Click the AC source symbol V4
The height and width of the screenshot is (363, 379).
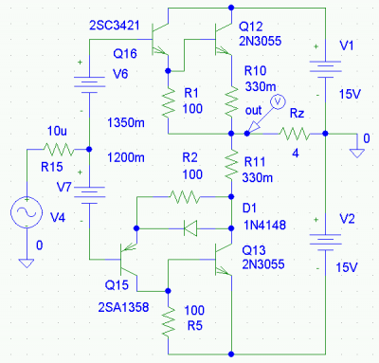pyautogui.click(x=27, y=212)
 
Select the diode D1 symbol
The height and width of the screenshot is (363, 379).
pyautogui.click(x=190, y=228)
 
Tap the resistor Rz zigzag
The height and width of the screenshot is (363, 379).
pyautogui.click(x=295, y=134)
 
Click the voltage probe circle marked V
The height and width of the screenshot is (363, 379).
pyautogui.click(x=279, y=101)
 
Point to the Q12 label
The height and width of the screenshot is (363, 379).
pyautogui.click(x=251, y=27)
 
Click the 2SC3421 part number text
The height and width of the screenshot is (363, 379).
pyautogui.click(x=115, y=26)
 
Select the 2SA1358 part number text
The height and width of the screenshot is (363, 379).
pyautogui.click(x=123, y=307)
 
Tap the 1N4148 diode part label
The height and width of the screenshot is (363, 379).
pyautogui.click(x=264, y=225)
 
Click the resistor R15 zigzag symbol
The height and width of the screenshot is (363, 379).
pyautogui.click(x=58, y=149)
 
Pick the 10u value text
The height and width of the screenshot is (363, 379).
pyautogui.click(x=57, y=131)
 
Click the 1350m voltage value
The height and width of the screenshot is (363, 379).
pyautogui.click(x=126, y=122)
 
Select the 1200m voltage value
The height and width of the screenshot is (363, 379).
pyautogui.click(x=126, y=157)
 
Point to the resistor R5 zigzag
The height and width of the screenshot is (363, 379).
pyautogui.click(x=169, y=322)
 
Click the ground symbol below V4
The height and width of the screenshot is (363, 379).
pyautogui.click(x=27, y=263)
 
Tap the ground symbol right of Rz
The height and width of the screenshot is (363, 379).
pyautogui.click(x=357, y=154)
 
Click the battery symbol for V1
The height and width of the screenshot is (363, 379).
pyautogui.click(x=326, y=69)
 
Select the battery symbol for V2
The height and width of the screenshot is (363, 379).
pyautogui.click(x=326, y=243)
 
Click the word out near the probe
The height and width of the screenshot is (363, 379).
pyautogui.click(x=253, y=111)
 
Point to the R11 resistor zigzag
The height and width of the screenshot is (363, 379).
pyautogui.click(x=231, y=165)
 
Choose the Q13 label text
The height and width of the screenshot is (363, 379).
pyautogui.click(x=254, y=250)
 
